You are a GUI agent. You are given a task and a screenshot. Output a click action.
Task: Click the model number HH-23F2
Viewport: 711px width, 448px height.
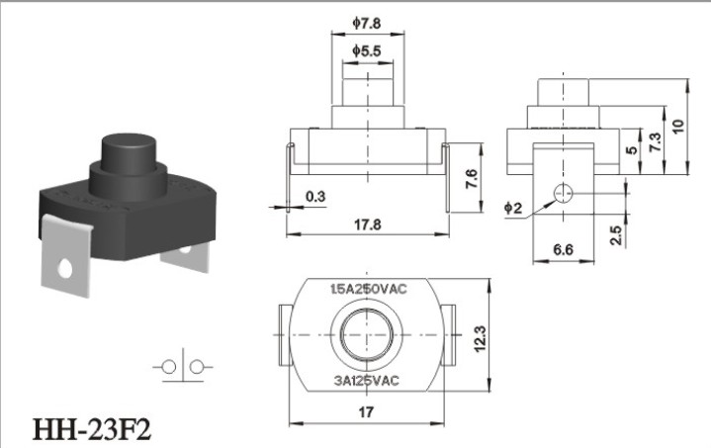[92, 429]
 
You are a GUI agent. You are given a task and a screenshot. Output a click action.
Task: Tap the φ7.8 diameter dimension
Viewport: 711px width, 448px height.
[367, 23]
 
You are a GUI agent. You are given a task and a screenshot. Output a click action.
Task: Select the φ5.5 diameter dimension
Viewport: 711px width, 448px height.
[367, 51]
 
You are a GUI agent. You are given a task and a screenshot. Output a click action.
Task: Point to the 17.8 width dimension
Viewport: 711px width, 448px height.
[367, 224]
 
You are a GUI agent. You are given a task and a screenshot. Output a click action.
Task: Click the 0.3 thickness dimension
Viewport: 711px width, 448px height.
[315, 197]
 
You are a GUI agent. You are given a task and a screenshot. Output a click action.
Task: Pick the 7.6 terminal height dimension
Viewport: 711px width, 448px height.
[471, 179]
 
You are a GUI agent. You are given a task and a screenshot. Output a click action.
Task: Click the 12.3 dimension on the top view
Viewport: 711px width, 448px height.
[480, 339]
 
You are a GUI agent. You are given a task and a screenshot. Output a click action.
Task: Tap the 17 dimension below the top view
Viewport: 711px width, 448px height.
[366, 412]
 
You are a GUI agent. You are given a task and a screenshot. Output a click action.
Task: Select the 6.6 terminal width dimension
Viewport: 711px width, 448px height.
[563, 249]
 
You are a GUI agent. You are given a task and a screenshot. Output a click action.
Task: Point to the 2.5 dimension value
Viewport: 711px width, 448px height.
[616, 235]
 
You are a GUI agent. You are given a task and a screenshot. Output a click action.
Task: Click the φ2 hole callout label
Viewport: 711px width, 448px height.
[513, 208]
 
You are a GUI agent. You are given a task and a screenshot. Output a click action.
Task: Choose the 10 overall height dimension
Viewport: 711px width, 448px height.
[678, 126]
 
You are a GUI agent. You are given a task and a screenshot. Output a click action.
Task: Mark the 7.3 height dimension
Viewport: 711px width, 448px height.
[655, 142]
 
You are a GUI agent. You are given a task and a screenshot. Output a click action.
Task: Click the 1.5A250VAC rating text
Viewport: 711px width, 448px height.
[369, 289]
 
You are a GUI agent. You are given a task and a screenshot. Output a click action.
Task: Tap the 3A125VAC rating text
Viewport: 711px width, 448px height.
[367, 381]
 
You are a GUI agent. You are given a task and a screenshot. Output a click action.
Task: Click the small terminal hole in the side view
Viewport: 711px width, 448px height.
[564, 194]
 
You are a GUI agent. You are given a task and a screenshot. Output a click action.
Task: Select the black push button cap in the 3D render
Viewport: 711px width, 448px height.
[129, 153]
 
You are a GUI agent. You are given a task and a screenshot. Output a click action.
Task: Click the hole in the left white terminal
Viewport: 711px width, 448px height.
[65, 269]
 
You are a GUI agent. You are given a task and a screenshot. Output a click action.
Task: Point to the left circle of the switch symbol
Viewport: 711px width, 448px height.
[169, 366]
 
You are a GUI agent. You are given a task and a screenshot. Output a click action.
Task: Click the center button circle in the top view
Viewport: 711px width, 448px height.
[366, 335]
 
